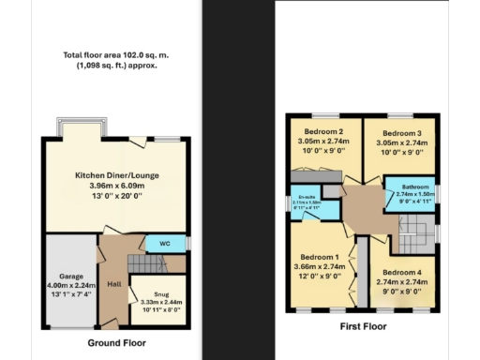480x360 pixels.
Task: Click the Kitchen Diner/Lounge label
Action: [x=115, y=174]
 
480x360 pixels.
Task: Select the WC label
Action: [x=163, y=244]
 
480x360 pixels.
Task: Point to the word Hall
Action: [x=114, y=285]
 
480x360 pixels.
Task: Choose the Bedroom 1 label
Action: [x=320, y=256]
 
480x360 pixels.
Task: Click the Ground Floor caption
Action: [x=115, y=344]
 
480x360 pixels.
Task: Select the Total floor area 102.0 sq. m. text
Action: [x=116, y=55]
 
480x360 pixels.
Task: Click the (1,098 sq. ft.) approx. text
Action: [x=116, y=66]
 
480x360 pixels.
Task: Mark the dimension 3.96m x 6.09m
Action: [x=115, y=186]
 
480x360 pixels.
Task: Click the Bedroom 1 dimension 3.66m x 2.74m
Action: [x=320, y=267]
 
